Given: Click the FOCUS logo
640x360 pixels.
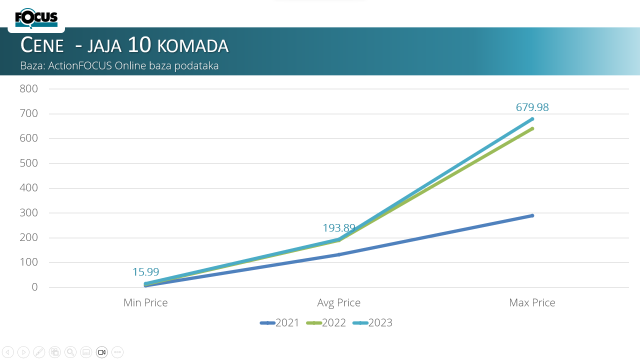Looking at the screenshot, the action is click(x=36, y=18).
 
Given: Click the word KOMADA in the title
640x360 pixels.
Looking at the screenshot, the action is click(x=193, y=46).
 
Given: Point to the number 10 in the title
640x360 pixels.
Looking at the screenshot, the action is click(x=139, y=44).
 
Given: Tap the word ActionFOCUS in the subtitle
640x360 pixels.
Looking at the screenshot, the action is click(x=79, y=65).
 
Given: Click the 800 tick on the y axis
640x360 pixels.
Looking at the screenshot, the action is click(x=28, y=89).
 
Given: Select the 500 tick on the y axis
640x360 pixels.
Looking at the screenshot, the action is click(x=28, y=163).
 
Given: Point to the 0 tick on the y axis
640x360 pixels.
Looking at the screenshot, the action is click(x=34, y=287).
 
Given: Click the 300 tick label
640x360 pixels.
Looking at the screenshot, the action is click(x=28, y=213).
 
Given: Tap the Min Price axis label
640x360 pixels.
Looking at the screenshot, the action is click(x=145, y=302).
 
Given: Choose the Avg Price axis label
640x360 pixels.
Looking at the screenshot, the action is click(x=339, y=303).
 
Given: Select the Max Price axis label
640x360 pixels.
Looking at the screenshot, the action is click(x=532, y=302).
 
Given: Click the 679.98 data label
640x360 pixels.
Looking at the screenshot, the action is click(x=532, y=107).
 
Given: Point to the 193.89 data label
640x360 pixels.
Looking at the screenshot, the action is click(x=339, y=228).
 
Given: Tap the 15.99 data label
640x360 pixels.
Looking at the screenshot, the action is click(x=145, y=271).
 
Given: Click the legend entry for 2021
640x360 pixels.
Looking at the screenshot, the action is click(x=279, y=323).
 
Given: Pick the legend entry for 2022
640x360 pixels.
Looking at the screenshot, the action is click(x=326, y=323).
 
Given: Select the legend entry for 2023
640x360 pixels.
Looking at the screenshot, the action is click(x=372, y=323).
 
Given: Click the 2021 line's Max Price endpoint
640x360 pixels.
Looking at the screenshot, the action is click(x=532, y=215).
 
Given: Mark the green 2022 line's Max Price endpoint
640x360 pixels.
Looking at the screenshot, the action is click(x=532, y=129).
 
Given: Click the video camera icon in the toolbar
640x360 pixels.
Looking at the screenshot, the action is click(x=101, y=352).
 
